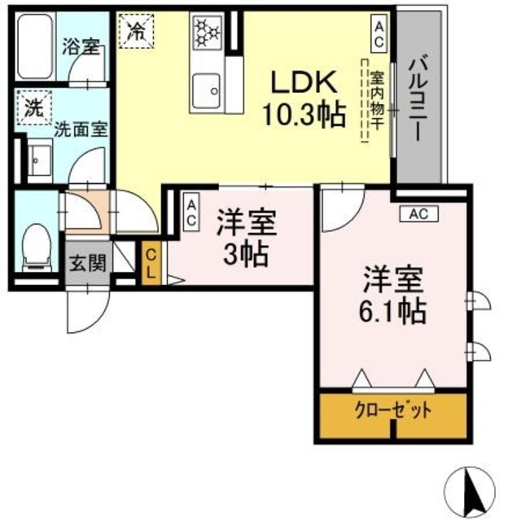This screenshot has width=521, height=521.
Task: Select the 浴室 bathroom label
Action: coord(80,47)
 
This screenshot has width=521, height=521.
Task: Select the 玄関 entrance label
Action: coord(85,265)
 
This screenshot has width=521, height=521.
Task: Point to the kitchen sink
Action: coord(208,86)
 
